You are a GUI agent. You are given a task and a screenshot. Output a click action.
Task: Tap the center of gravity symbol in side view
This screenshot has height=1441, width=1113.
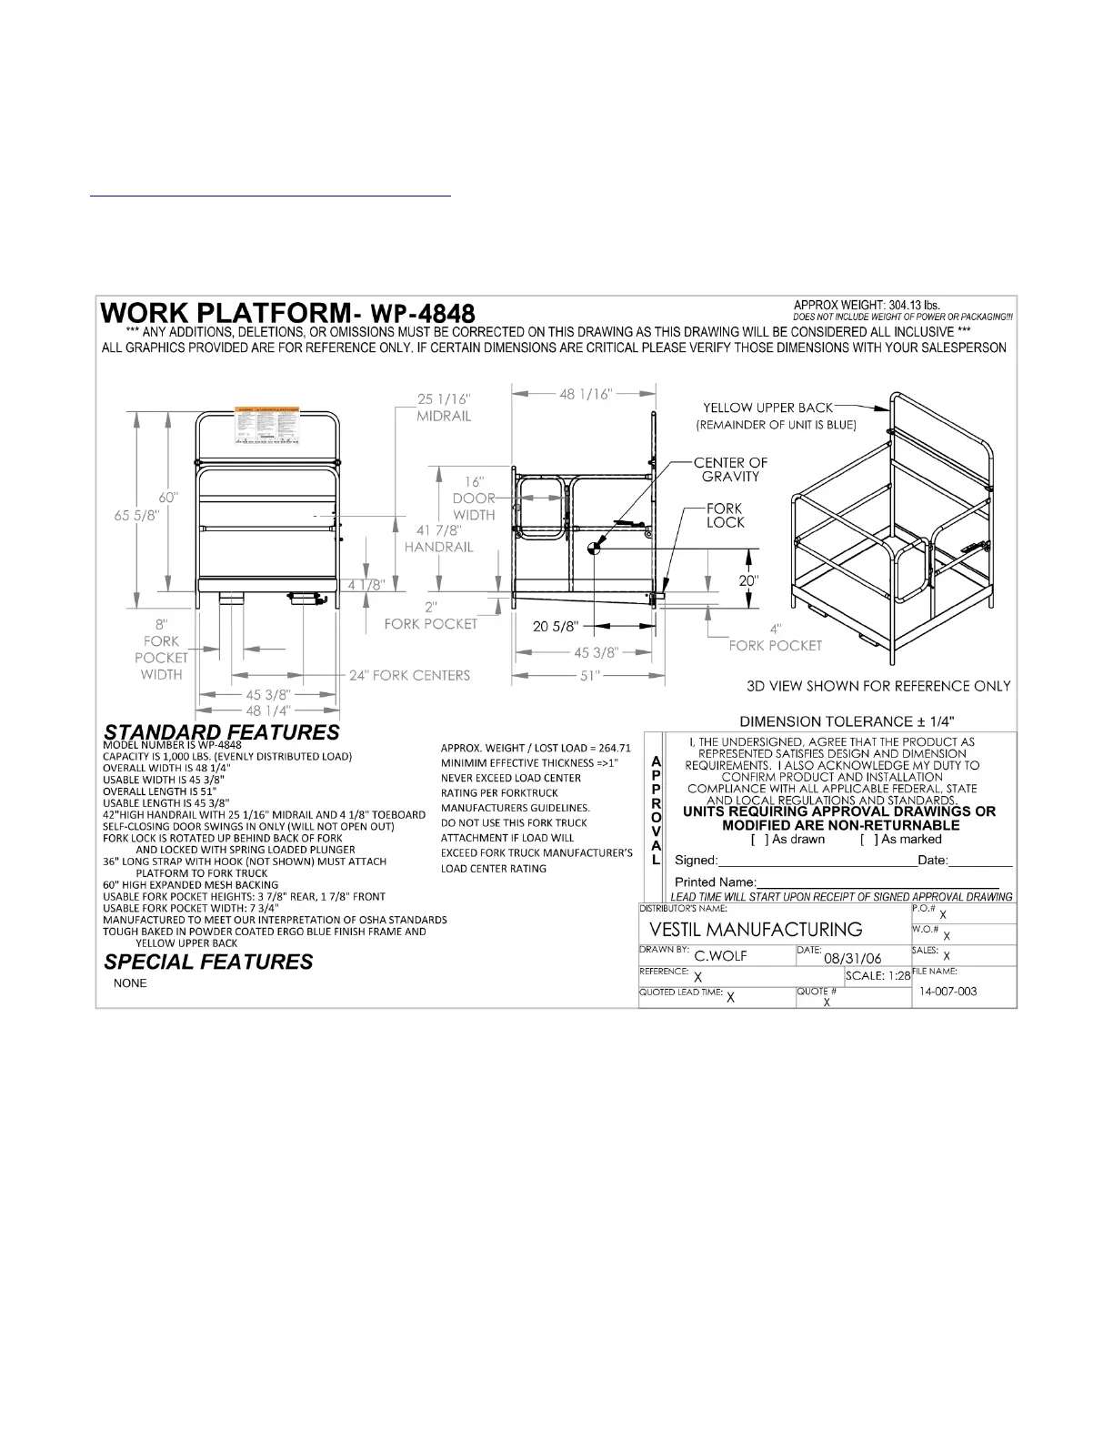(x=594, y=548)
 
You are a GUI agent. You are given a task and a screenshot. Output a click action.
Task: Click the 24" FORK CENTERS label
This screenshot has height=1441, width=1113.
(x=410, y=675)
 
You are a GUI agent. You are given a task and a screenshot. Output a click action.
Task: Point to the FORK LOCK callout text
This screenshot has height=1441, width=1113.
(x=725, y=515)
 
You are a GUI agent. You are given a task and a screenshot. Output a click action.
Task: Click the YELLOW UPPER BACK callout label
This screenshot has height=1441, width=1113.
(x=768, y=408)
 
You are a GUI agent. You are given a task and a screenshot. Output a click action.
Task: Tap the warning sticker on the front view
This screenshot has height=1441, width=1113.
(x=268, y=427)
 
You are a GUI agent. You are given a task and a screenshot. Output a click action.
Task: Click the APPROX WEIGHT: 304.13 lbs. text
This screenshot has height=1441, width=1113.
(x=867, y=305)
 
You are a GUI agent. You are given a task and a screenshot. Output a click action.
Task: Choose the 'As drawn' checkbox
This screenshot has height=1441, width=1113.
(x=757, y=839)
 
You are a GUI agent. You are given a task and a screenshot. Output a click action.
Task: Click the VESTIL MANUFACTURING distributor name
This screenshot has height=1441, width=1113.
(x=757, y=929)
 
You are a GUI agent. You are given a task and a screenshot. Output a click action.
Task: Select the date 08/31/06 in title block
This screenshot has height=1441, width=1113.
(x=852, y=958)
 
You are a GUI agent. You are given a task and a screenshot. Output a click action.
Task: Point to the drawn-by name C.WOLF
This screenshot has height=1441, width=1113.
(x=720, y=956)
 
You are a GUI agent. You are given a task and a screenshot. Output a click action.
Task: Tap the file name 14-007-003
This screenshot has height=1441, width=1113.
(x=948, y=991)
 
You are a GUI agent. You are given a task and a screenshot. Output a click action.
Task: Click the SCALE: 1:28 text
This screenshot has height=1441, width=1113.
(x=877, y=975)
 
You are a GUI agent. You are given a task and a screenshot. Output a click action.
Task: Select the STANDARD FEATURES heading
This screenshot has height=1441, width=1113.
(x=222, y=732)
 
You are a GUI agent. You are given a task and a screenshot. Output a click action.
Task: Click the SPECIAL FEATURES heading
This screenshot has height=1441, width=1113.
(x=208, y=962)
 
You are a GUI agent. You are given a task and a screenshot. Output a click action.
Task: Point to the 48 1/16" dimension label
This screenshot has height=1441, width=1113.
(x=586, y=394)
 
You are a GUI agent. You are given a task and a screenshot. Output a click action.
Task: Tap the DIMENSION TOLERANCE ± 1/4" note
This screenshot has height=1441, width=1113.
(x=847, y=720)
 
